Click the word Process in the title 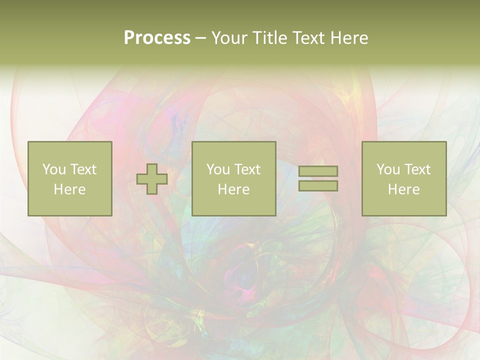pos(157,38)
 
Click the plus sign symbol pos(152,179)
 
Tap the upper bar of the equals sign pos(318,171)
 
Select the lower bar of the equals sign pos(318,186)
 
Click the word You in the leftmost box pos(54,169)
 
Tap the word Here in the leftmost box pos(69,189)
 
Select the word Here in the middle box pos(233,189)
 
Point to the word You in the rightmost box pos(388,169)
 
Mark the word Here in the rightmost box pos(403,189)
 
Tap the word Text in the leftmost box pos(83,169)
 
